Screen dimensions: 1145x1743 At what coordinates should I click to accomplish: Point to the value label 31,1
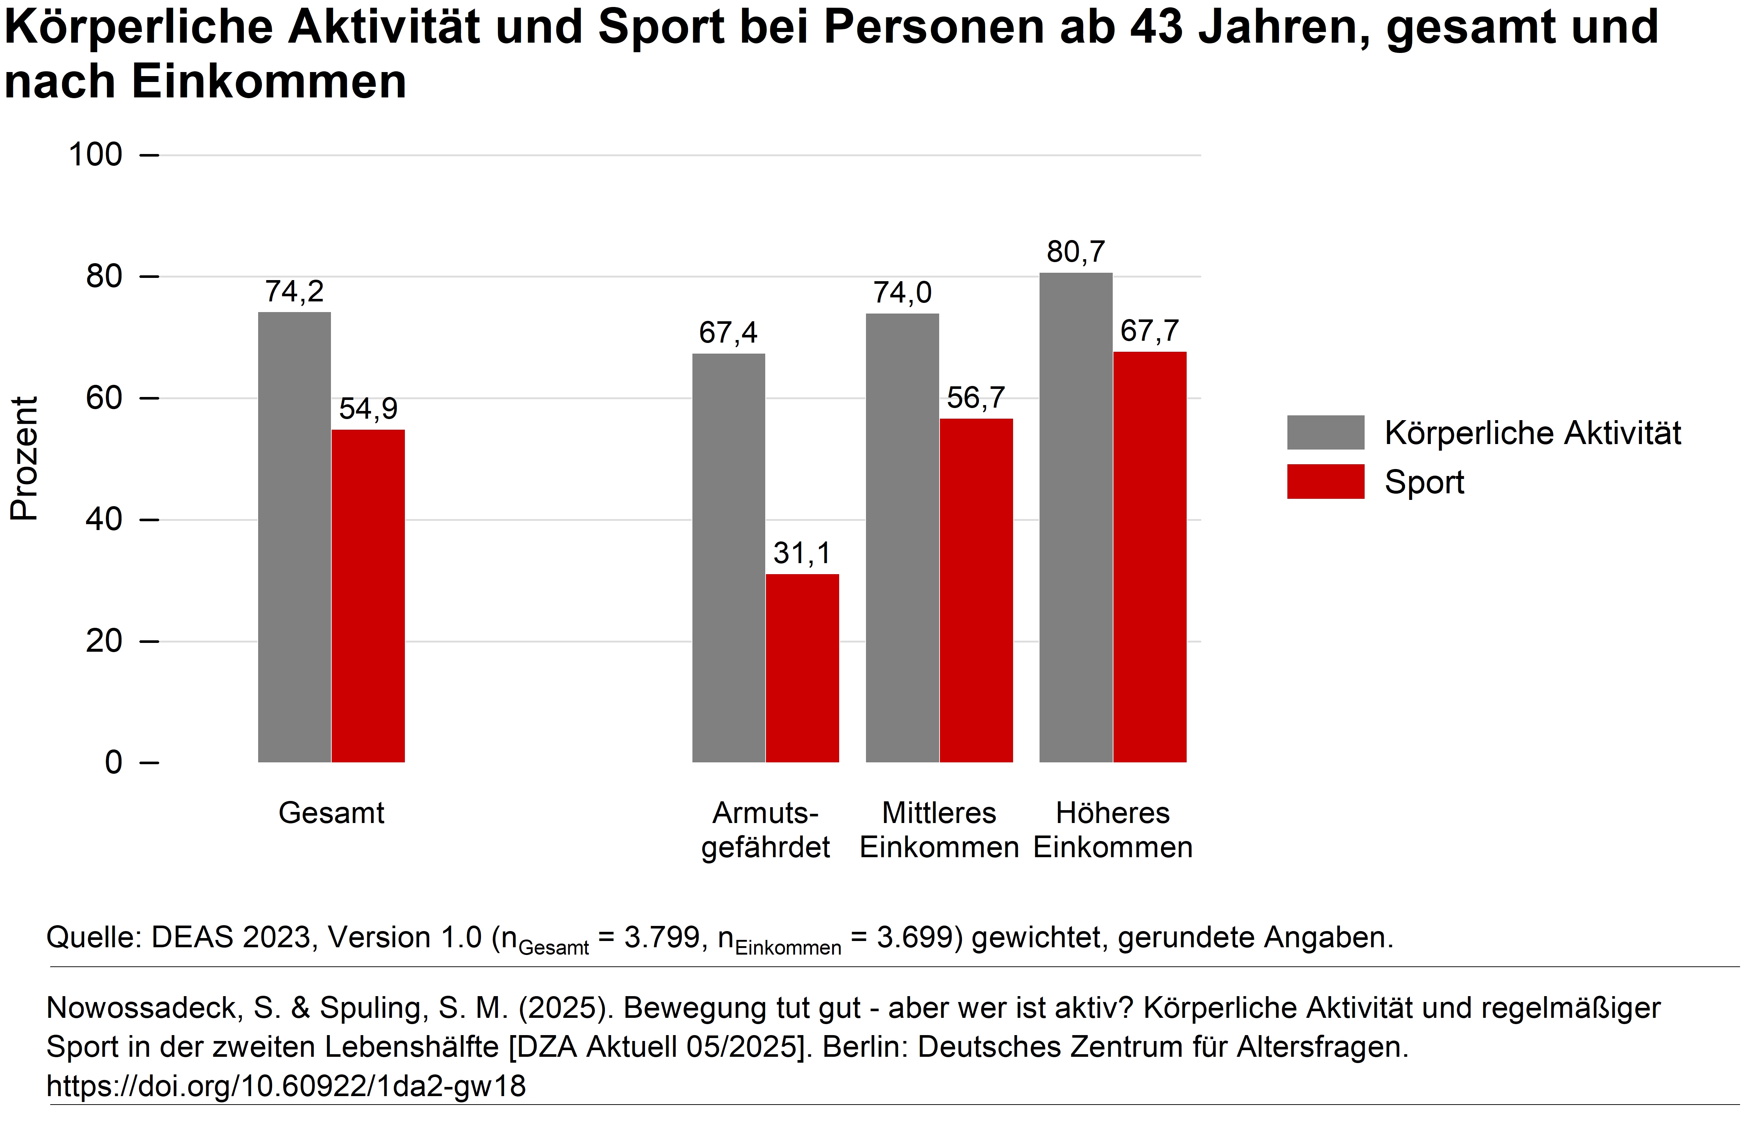tap(802, 554)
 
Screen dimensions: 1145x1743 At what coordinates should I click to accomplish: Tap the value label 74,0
tap(902, 293)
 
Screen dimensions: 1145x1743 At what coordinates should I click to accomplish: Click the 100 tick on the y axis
tap(95, 155)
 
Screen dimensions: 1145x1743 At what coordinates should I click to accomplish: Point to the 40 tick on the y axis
tap(104, 520)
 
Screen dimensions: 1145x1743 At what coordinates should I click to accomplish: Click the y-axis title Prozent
tap(24, 458)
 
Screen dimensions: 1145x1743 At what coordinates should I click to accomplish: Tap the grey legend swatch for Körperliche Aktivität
tap(1326, 433)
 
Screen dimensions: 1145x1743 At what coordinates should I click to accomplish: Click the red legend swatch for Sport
tap(1326, 482)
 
